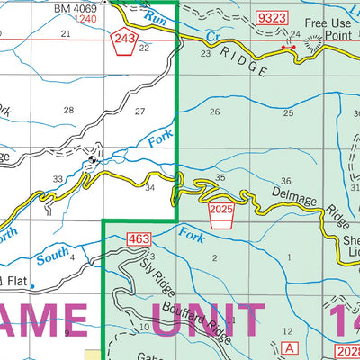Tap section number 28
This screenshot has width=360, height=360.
pyautogui.click(x=68, y=110)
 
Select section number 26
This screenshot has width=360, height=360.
pyautogui.click(x=214, y=112)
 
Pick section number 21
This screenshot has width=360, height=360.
pyautogui.click(x=65, y=33)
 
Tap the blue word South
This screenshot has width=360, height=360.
pyautogui.click(x=52, y=255)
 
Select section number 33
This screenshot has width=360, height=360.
pyautogui.click(x=58, y=180)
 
